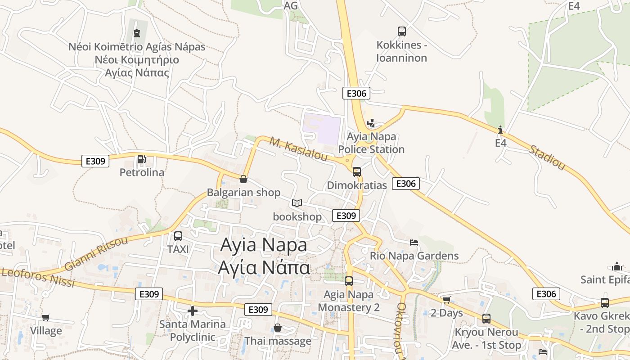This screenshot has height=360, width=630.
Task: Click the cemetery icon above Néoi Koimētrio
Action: [137, 33]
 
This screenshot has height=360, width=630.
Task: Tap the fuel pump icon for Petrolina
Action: [141, 159]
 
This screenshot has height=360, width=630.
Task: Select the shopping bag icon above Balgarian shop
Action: [243, 179]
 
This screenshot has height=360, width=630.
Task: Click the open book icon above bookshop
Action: [297, 203]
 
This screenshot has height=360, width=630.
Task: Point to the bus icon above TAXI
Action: [178, 236]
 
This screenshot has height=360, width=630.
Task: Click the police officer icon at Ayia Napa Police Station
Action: [371, 123]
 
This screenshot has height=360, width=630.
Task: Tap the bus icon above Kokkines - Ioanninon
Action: [402, 31]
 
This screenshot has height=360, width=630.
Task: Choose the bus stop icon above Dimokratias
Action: [357, 171]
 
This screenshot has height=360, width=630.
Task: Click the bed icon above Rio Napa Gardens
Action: [414, 243]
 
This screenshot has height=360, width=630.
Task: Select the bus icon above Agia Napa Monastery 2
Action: [349, 281]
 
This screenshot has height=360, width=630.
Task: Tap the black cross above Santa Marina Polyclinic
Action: [193, 310]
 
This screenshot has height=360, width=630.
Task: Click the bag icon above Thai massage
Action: [278, 328]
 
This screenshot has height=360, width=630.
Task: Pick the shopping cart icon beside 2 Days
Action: [446, 300]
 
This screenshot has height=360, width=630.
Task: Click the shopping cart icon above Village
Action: [45, 317]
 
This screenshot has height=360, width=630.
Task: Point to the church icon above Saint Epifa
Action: [617, 266]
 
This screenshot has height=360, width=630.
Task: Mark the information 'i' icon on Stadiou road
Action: [500, 130]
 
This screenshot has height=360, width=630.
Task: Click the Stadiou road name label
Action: [546, 157]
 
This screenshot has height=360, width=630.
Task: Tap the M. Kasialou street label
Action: [298, 148]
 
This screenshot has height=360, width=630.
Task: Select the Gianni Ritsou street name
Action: [96, 253]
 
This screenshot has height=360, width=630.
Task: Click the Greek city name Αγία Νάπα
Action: [264, 267]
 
